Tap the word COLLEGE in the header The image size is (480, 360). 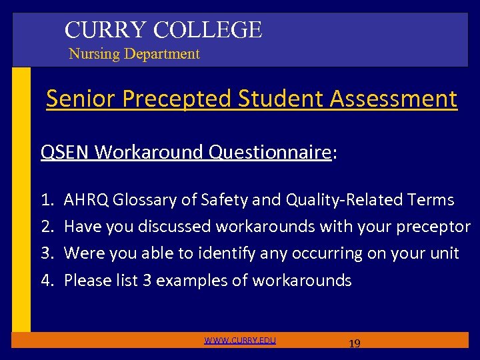(207, 29)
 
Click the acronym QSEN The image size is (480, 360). (65, 153)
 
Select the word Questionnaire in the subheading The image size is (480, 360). (270, 153)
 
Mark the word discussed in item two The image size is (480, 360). (174, 227)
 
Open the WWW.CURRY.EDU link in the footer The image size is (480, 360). (240, 341)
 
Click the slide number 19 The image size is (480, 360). (355, 343)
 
